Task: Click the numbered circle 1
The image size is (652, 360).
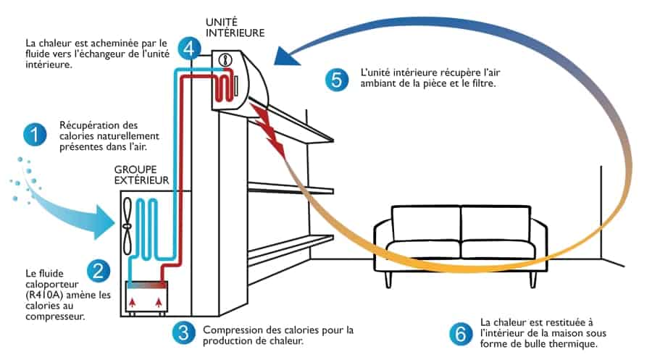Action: (34, 135)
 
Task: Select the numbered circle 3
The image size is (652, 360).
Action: (184, 333)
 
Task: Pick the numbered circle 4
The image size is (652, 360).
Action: (190, 49)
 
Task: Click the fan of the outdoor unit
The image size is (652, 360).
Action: (128, 225)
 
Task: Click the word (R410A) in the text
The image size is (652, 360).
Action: (45, 296)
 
